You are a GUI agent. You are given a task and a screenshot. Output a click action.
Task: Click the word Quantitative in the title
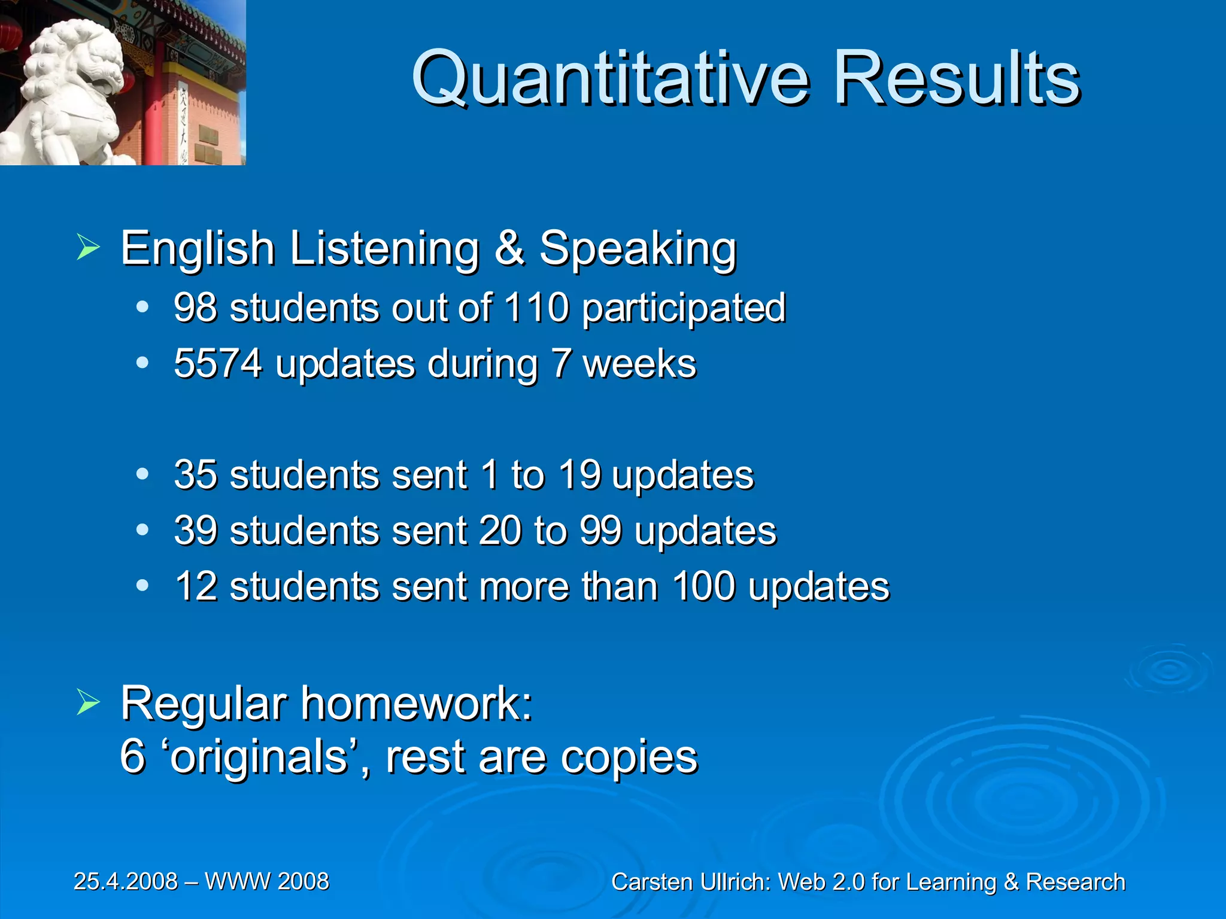click(x=611, y=79)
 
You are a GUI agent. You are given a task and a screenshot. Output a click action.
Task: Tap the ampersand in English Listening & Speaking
click(x=509, y=248)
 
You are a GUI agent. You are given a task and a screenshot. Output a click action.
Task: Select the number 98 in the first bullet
click(x=195, y=308)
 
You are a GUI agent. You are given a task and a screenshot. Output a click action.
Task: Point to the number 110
click(x=536, y=308)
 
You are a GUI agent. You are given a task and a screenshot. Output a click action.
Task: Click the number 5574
click(x=218, y=363)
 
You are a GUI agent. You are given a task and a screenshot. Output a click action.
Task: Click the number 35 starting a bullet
click(x=195, y=475)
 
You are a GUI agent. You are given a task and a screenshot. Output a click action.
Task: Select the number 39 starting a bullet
click(x=195, y=531)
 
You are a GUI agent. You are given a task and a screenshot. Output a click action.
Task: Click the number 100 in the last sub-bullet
click(x=703, y=586)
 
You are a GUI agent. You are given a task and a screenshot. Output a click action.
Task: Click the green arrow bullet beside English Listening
click(x=89, y=247)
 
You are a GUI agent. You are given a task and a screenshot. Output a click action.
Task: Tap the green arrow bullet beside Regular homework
click(x=89, y=702)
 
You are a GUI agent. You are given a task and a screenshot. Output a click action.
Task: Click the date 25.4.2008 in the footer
click(x=126, y=881)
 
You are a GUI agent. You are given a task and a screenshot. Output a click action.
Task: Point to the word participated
click(x=684, y=309)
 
